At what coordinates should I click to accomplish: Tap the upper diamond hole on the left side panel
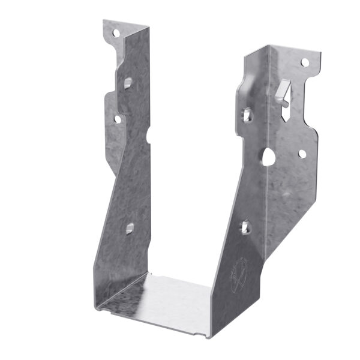128,82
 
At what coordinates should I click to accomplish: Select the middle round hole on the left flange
118,119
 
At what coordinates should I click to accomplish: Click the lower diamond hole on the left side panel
129,228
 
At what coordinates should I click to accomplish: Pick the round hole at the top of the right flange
305,62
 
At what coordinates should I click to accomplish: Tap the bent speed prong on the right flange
284,90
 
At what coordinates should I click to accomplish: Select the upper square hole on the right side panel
247,112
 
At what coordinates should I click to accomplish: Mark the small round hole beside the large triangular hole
302,154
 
